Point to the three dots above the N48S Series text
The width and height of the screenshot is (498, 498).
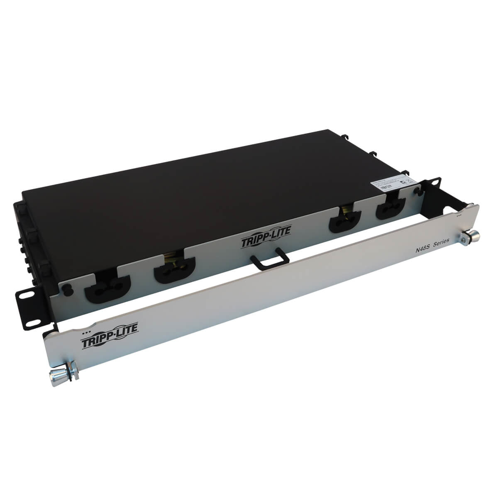[x=459, y=216]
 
